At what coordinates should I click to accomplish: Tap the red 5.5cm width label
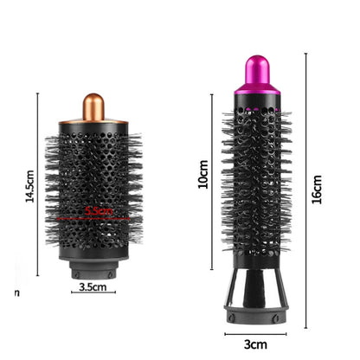click(100, 210)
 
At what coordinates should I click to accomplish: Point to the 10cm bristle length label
click(202, 177)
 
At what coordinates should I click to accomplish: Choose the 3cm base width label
click(255, 344)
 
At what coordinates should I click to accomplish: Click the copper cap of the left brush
click(93, 107)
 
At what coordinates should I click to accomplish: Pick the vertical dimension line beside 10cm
click(213, 177)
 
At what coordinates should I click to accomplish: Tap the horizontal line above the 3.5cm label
click(93, 292)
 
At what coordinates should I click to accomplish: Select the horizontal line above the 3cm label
click(255, 333)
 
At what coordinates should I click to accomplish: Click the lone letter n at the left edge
click(17, 292)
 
